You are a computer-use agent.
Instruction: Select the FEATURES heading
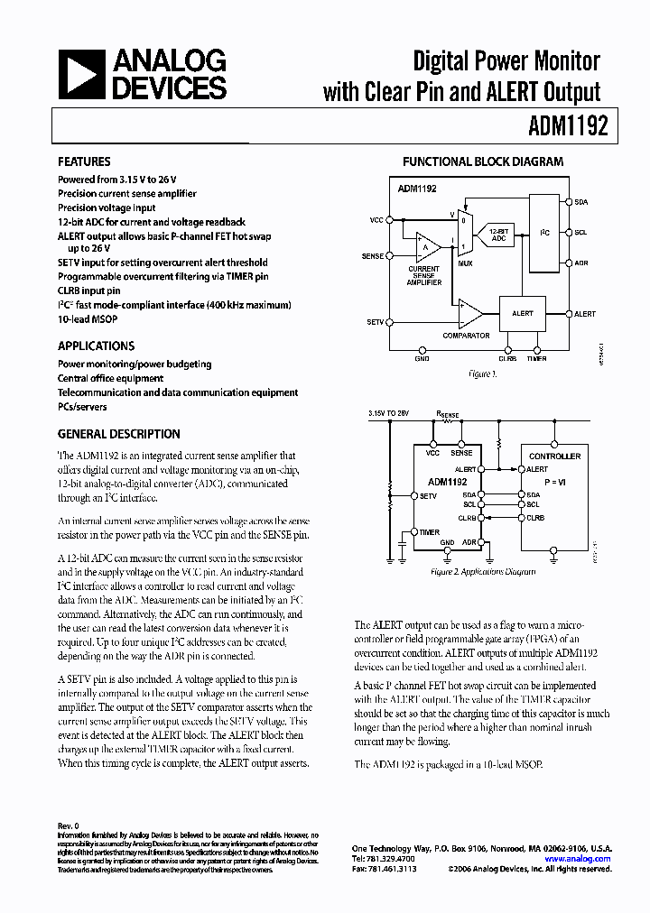point(84,162)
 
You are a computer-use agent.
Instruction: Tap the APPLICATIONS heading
point(96,346)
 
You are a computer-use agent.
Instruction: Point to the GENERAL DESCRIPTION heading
point(118,434)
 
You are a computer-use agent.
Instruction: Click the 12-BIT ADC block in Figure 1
point(498,234)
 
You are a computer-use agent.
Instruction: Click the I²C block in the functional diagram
point(543,233)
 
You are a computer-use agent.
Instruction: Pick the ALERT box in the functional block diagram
point(522,313)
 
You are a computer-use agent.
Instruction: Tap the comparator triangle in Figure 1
point(468,313)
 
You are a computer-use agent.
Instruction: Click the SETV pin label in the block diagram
point(376,322)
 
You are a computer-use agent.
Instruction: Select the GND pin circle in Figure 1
point(422,349)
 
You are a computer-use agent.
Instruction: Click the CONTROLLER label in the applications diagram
point(554,456)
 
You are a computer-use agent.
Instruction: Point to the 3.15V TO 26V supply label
point(389,412)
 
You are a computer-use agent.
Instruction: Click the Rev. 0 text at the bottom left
point(69,825)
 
